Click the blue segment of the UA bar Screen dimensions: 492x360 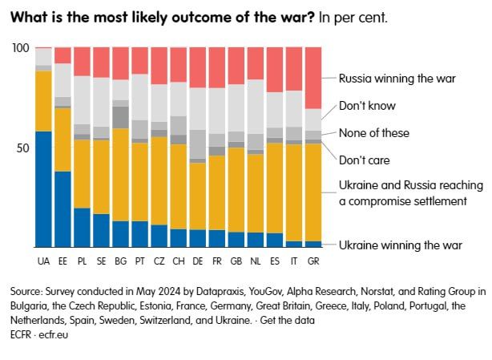43,189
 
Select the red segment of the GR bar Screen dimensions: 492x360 313,78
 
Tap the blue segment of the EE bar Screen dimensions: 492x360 63,209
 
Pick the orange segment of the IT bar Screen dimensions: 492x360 294,192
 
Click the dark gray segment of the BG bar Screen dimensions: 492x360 120,117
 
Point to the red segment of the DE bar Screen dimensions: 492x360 198,67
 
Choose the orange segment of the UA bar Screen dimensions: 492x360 43,101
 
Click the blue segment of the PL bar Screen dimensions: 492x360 83,228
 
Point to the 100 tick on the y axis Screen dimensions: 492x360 21,48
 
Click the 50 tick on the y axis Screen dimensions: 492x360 23,148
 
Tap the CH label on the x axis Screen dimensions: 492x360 179,261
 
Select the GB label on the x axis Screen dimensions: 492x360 236,261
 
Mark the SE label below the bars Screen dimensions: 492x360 101,261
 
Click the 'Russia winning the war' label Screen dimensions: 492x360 397,79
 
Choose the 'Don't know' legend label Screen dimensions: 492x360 367,106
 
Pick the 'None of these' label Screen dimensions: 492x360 374,133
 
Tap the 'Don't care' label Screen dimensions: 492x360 365,160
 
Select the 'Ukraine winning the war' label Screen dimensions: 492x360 401,245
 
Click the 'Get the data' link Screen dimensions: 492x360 287,321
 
